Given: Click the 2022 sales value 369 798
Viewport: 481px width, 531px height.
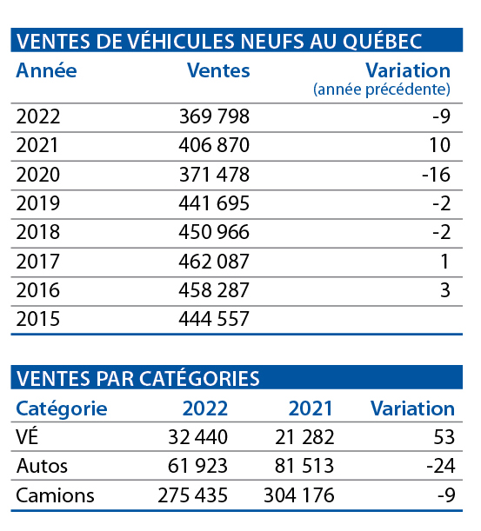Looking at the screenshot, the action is (214, 116).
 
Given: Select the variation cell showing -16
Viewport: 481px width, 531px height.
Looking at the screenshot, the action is (437, 175).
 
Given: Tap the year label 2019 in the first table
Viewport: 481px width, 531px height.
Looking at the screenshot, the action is (38, 203).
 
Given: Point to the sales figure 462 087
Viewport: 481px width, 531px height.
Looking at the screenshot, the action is (214, 262).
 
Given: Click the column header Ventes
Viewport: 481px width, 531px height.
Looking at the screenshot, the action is (218, 70).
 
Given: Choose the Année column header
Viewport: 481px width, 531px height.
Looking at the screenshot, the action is (46, 70).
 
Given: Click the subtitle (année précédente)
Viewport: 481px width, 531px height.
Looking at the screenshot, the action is (382, 90).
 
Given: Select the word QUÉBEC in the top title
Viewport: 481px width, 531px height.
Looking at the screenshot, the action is (383, 41).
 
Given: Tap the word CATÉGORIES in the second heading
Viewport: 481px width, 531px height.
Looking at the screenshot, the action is (199, 378).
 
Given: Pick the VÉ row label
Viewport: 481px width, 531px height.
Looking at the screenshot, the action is (27, 436).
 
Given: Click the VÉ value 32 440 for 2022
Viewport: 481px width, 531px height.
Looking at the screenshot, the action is (198, 437).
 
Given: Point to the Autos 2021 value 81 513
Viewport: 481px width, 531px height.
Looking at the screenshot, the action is (304, 466).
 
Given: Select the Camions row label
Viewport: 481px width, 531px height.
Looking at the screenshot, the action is (55, 495).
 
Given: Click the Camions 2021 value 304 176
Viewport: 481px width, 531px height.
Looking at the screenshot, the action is (299, 495).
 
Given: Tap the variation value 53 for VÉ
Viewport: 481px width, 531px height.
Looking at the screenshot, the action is (444, 437).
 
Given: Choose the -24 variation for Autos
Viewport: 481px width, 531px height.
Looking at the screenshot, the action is (441, 466).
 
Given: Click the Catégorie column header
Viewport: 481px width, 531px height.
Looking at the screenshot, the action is (62, 408).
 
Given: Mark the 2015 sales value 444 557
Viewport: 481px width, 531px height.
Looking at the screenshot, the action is (214, 319).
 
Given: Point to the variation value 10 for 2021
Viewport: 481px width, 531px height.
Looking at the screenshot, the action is (440, 145).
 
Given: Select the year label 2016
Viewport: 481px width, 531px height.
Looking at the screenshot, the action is (38, 290).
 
